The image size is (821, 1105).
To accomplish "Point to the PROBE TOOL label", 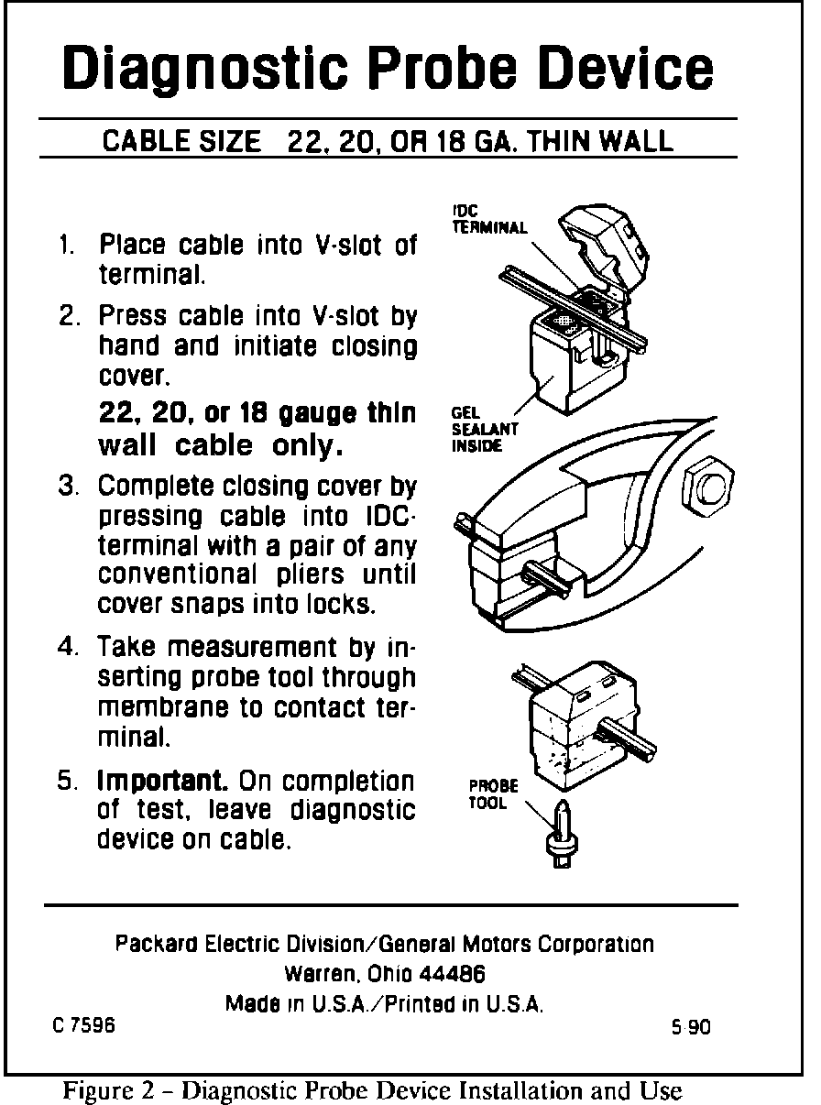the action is tap(493, 794).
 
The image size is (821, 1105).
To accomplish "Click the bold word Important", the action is tap(163, 782).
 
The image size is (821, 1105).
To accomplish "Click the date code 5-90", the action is tap(691, 1027).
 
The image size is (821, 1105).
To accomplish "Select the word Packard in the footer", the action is tap(150, 944).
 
